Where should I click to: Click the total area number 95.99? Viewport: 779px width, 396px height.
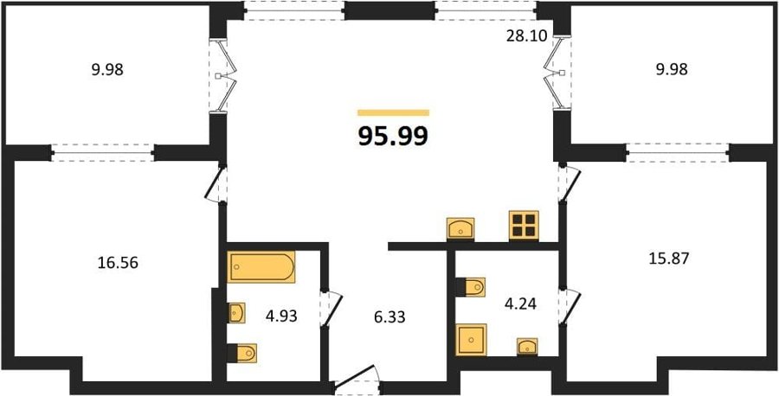[x=393, y=137]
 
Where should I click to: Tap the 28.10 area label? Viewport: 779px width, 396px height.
[x=526, y=36]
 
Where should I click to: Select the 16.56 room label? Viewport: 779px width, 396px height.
[x=118, y=263]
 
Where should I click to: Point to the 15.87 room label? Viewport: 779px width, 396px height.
[x=669, y=259]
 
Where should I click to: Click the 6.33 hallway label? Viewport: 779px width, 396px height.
[x=389, y=317]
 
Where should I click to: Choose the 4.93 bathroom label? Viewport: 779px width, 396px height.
[x=280, y=316]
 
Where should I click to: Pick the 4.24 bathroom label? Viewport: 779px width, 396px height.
[x=519, y=303]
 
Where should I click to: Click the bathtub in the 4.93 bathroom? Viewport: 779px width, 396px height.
[x=261, y=267]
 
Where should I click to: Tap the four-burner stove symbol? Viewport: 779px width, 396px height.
[x=524, y=226]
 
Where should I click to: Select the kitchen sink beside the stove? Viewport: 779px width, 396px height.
[x=460, y=229]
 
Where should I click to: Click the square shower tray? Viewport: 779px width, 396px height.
[x=472, y=340]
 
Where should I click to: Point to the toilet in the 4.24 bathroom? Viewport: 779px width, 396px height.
[x=471, y=287]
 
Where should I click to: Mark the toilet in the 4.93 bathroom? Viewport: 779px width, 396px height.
[x=242, y=353]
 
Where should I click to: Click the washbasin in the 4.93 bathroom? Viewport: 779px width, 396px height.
[x=236, y=313]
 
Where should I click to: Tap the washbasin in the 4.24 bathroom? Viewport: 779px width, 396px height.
[x=527, y=347]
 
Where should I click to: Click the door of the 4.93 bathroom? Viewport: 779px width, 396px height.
[x=332, y=308]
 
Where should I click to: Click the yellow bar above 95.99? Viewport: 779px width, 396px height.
[x=394, y=112]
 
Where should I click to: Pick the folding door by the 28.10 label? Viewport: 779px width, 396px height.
[x=557, y=73]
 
